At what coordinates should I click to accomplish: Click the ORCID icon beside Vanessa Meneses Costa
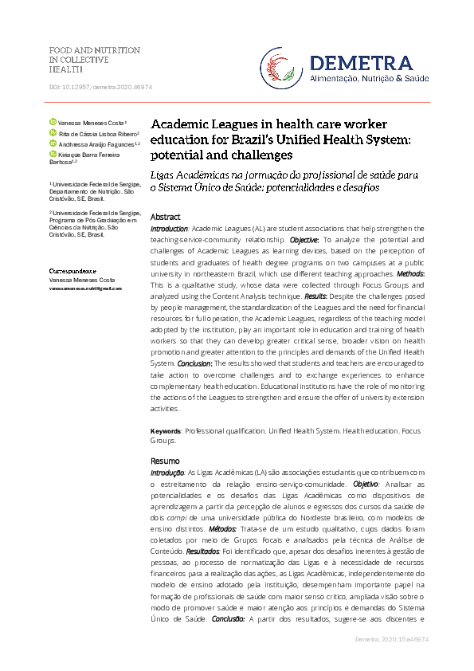click(53, 123)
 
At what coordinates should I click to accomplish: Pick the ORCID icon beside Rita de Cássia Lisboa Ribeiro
click(53, 133)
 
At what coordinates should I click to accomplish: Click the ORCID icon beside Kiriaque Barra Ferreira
click(53, 155)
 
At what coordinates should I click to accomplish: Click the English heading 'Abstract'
click(165, 217)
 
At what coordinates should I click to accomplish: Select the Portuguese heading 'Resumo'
click(165, 461)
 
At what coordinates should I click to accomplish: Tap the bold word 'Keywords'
click(166, 430)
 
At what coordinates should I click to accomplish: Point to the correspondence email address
click(85, 288)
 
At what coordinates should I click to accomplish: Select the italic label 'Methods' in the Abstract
click(409, 273)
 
